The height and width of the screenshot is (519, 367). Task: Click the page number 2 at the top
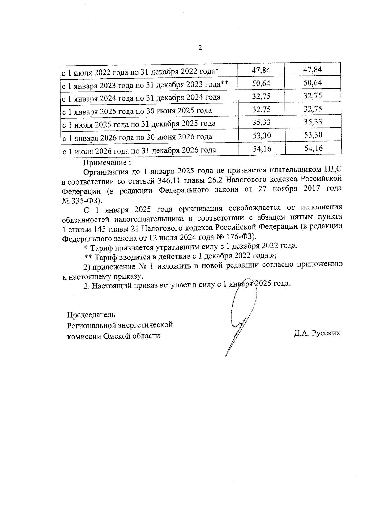(200, 48)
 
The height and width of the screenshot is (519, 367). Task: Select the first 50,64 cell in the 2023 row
(261, 83)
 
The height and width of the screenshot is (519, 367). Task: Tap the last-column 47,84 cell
(313, 69)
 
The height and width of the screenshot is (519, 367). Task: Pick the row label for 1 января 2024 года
(141, 98)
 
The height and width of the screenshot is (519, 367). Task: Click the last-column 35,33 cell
(313, 122)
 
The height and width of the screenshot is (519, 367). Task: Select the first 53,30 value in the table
(261, 135)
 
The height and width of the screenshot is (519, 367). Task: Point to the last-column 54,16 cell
(313, 148)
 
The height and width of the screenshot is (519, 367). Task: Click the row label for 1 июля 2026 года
(139, 150)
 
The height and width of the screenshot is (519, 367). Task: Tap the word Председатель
(91, 314)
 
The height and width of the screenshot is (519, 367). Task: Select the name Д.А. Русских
(317, 333)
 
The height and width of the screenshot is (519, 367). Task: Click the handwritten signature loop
(242, 309)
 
